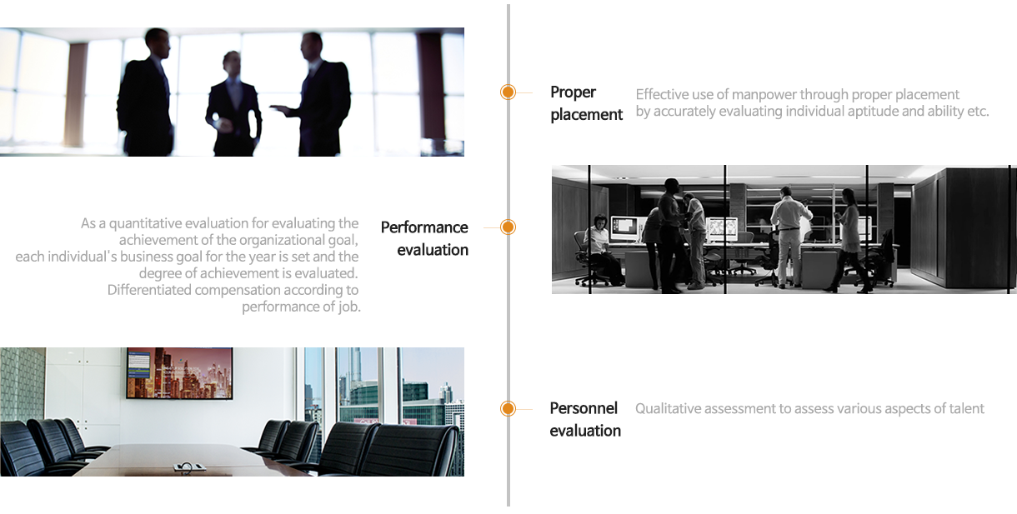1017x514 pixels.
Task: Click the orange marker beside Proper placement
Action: tap(508, 92)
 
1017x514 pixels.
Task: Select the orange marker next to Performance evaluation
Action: tap(508, 227)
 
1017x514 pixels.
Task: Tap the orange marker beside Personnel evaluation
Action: tap(508, 409)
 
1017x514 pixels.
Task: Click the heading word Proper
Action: tap(573, 92)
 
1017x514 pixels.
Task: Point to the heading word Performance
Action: tap(424, 227)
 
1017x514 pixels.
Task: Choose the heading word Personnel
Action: tap(584, 408)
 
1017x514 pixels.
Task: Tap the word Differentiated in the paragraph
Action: tap(149, 290)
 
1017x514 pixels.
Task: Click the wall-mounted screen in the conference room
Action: tap(179, 373)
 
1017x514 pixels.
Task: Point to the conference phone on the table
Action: tap(189, 467)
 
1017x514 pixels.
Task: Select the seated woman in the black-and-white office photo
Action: tap(600, 248)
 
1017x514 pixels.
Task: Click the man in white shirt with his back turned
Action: tap(789, 237)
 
